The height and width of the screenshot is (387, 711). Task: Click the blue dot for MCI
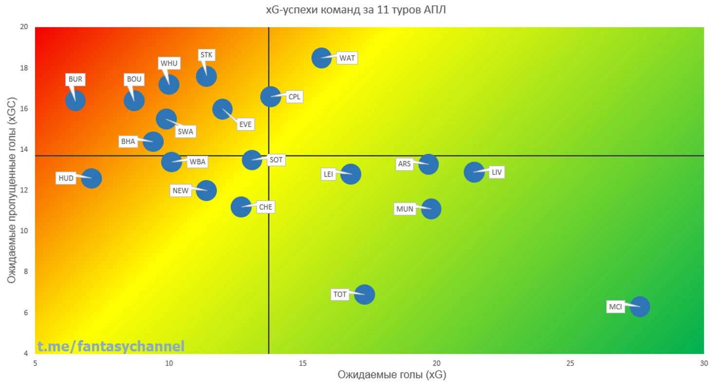pyautogui.click(x=639, y=307)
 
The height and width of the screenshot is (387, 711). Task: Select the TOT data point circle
pyautogui.click(x=364, y=294)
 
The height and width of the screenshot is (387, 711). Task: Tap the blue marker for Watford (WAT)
pyautogui.click(x=321, y=58)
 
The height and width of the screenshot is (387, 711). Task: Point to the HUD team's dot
pyautogui.click(x=91, y=179)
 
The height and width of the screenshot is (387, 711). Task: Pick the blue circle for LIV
pyautogui.click(x=474, y=171)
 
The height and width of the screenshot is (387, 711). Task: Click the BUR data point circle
pyautogui.click(x=75, y=101)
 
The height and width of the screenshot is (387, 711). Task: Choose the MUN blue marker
pyautogui.click(x=431, y=209)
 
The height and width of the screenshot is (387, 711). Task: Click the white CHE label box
pyautogui.click(x=265, y=207)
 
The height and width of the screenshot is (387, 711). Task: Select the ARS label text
pyautogui.click(x=405, y=164)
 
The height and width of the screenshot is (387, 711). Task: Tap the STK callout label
pyautogui.click(x=206, y=55)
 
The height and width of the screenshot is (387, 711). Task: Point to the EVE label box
pyautogui.click(x=245, y=124)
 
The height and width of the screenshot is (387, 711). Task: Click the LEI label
pyautogui.click(x=329, y=174)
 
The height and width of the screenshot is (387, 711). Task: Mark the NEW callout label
pyautogui.click(x=181, y=190)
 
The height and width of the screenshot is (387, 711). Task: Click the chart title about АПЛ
pyautogui.click(x=355, y=10)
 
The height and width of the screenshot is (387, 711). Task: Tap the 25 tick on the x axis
pyautogui.click(x=570, y=363)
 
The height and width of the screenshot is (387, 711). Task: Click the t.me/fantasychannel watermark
pyautogui.click(x=111, y=347)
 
